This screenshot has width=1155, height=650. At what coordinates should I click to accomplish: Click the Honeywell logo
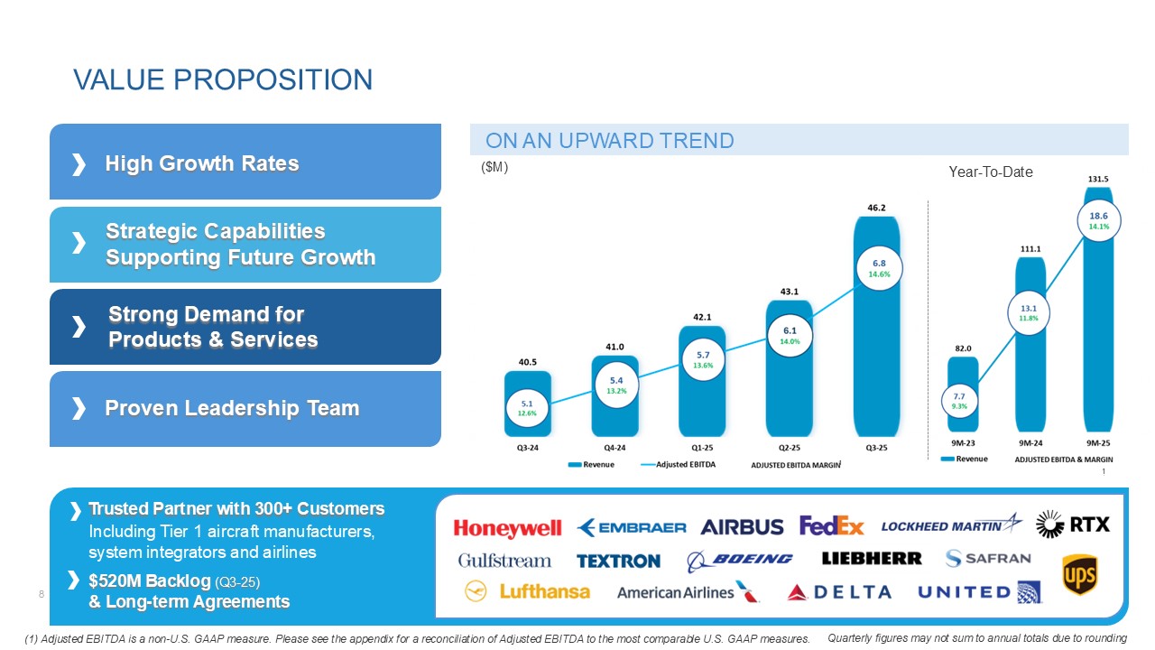pos(507,528)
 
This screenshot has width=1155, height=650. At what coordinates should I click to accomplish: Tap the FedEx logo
pos(831,525)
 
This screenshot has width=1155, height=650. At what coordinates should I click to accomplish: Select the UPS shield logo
pos(1079,575)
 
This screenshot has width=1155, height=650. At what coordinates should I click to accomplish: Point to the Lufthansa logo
pos(527,591)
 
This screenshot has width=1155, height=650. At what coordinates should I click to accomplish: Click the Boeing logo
pos(739,560)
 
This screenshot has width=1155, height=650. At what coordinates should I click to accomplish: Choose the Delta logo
pos(838,592)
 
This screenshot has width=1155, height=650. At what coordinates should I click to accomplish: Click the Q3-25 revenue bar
pos(875,361)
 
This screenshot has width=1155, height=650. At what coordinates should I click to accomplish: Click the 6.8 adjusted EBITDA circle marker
pos(875,267)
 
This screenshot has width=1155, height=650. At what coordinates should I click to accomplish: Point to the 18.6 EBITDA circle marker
pos(1098,220)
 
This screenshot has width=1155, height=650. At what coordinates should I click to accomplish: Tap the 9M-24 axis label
pos(1030,443)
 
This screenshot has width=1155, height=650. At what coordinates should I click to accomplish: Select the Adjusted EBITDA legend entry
pos(677,464)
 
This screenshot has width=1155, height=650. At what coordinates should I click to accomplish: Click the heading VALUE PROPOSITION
pos(223,79)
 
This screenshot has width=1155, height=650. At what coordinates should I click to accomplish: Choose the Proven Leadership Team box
pos(245,409)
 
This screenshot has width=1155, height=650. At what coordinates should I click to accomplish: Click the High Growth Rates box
pos(245,162)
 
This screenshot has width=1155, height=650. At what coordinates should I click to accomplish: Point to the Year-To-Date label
pos(991,172)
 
